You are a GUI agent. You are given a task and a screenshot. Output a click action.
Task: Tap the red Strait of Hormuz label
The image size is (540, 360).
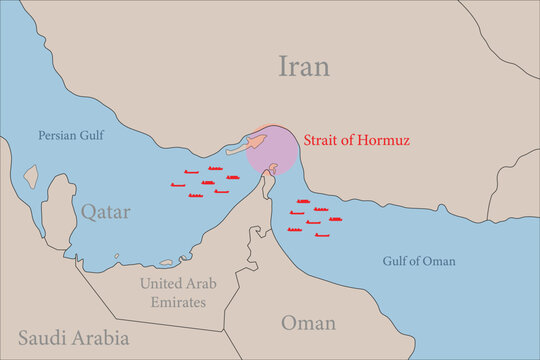tap(358, 140)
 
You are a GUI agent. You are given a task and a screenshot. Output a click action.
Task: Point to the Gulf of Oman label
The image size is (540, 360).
tap(419, 261)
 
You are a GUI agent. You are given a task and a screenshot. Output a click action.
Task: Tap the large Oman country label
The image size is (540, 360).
tap(308, 322)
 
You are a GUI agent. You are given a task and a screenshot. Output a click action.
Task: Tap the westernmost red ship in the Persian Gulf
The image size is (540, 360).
tap(178, 185)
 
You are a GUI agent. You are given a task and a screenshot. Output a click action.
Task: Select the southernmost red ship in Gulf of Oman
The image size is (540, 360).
tap(322, 235)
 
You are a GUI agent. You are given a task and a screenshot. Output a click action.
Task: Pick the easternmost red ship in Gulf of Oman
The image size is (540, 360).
tap(335, 219)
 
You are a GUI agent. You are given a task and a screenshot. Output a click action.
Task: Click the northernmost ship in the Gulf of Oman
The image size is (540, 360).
tap(302, 202)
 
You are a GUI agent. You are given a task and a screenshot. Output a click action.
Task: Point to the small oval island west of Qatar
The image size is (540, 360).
tap(30, 178)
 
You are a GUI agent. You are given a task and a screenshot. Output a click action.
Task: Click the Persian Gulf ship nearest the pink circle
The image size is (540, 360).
tap(232, 177)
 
